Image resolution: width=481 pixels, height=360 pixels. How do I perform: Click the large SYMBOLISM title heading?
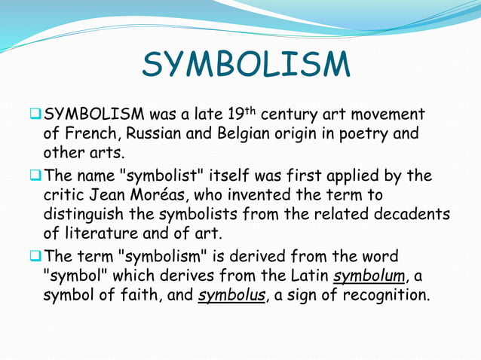click(246, 66)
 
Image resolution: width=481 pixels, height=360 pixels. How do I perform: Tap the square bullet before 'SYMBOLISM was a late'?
click(35, 114)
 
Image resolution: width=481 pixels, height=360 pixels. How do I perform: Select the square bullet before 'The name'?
click(35, 175)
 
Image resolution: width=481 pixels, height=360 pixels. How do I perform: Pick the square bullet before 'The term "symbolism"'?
click(35, 255)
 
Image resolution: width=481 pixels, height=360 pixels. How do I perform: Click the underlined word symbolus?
click(231, 294)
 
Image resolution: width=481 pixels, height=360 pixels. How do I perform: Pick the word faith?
click(141, 294)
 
